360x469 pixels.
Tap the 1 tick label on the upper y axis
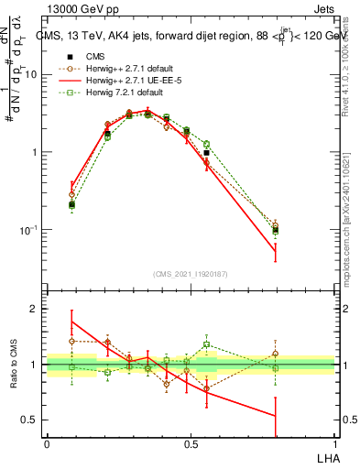coord(34,152)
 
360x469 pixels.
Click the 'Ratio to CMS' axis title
coord(14,364)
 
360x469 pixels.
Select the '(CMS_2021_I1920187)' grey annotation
coord(191,272)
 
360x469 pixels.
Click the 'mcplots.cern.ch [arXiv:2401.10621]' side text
coord(352,212)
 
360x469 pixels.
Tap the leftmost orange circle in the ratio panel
coord(72,341)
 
